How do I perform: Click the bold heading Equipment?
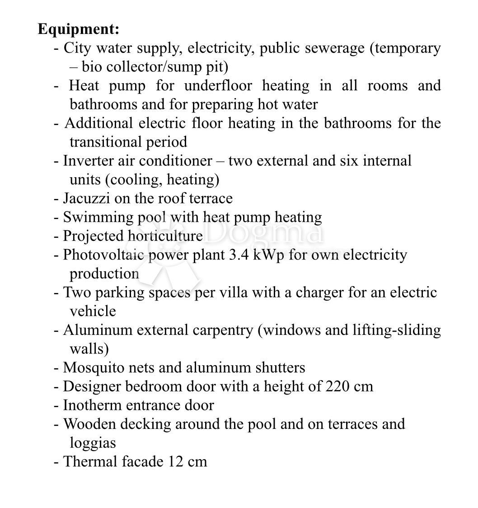pos(79,29)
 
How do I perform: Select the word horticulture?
pos(165,236)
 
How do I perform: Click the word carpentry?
pos(223,330)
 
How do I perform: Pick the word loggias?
pos(93,443)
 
